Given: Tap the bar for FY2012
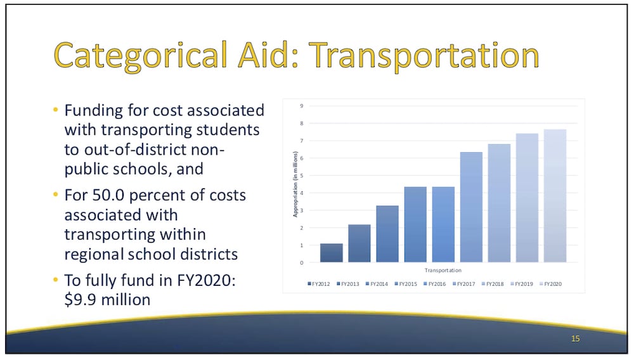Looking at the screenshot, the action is tap(332, 253).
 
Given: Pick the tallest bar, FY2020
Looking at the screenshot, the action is tap(555, 196).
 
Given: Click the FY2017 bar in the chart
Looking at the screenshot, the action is tap(471, 207).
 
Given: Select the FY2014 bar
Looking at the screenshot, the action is tap(387, 234).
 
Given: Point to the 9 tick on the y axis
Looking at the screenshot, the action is tap(302, 106).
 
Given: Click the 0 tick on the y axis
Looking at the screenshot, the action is tap(302, 262).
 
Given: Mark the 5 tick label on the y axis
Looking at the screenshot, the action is tap(302, 176).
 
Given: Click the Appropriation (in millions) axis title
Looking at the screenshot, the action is tap(295, 184).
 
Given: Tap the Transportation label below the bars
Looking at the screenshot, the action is tap(443, 270).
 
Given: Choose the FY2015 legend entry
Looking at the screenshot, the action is tap(406, 284).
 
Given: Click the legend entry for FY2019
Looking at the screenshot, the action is tap(522, 284).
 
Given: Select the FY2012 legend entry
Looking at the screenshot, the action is tap(319, 284).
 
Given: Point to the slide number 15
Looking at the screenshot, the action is tap(576, 338).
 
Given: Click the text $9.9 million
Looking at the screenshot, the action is tap(107, 300).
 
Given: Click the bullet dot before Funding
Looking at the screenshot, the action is tap(56, 110).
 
